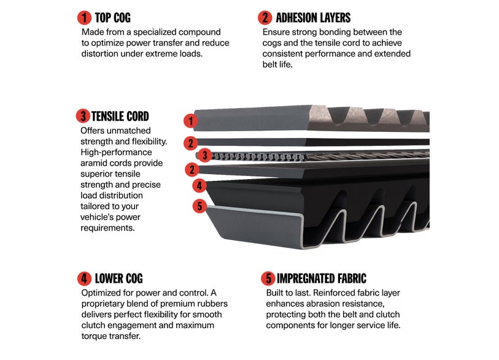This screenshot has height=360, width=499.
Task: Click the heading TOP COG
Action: pyautogui.click(x=113, y=18)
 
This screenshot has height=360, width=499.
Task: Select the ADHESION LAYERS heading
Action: pyautogui.click(x=313, y=18)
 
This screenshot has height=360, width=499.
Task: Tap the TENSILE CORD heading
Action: pyautogui.click(x=120, y=117)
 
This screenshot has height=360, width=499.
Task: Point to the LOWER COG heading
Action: pyautogui.click(x=118, y=278)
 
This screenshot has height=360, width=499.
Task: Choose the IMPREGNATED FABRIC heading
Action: pyautogui.click(x=322, y=278)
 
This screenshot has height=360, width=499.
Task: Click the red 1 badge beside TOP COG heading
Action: pyautogui.click(x=84, y=18)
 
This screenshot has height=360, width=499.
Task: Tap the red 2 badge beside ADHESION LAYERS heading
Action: pyautogui.click(x=265, y=18)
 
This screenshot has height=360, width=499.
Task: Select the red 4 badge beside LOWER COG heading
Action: pyautogui.click(x=84, y=278)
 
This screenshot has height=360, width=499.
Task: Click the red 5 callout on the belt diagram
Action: pyautogui.click(x=199, y=206)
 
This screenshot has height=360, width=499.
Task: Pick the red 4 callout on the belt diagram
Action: pyautogui.click(x=199, y=185)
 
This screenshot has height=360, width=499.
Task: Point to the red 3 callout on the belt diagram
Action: pyautogui.click(x=205, y=156)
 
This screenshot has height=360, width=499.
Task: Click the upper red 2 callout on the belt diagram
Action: pyautogui.click(x=191, y=143)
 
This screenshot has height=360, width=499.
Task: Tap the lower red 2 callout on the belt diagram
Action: pyautogui.click(x=192, y=169)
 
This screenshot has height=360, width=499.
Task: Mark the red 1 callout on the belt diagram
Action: pyautogui.click(x=191, y=121)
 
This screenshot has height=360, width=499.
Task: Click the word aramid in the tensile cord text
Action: pyautogui.click(x=94, y=163)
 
